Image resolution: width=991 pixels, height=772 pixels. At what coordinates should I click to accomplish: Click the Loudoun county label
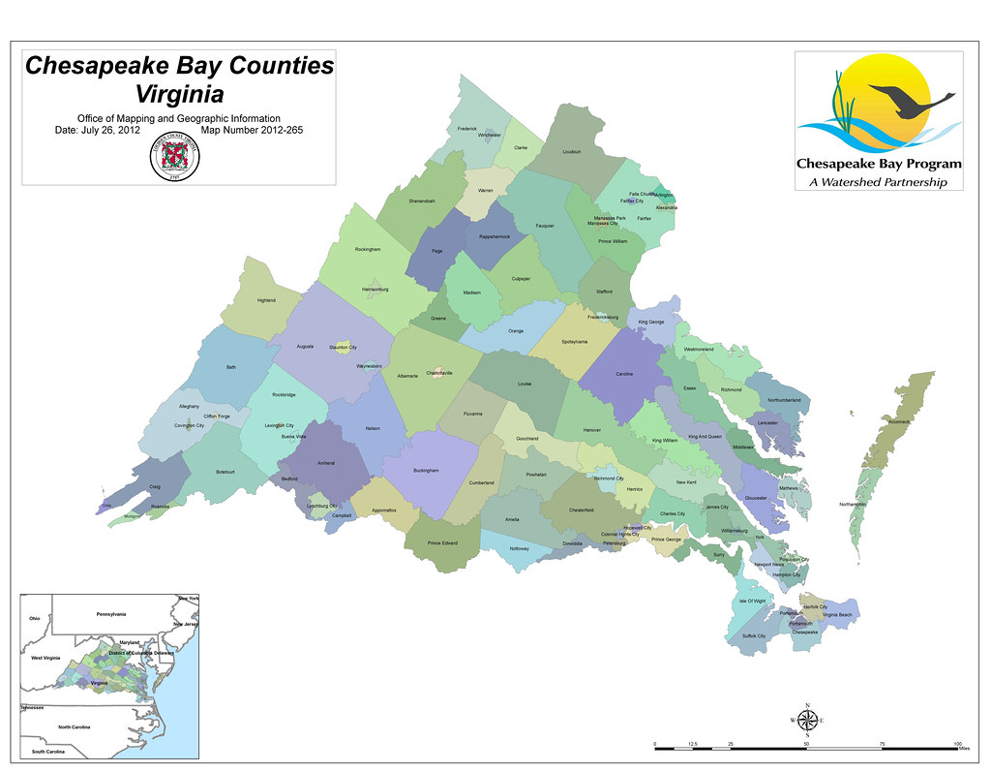(571, 151)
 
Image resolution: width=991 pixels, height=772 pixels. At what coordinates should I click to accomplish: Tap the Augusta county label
(305, 346)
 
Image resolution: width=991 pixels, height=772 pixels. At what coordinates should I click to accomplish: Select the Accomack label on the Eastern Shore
(899, 422)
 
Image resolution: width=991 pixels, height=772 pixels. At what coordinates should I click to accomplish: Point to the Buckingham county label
(426, 471)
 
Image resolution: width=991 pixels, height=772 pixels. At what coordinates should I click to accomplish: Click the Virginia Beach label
(837, 615)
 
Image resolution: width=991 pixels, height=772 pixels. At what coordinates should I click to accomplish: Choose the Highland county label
(266, 300)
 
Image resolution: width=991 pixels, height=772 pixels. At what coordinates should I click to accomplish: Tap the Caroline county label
(624, 374)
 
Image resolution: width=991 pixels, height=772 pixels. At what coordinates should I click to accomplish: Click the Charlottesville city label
(439, 373)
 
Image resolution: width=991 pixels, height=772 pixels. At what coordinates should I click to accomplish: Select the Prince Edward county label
(442, 542)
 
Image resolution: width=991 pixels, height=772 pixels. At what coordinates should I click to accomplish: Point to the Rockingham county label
(368, 249)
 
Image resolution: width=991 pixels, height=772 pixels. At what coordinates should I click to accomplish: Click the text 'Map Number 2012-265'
(253, 129)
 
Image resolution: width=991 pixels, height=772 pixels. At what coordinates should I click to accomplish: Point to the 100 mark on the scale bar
(957, 743)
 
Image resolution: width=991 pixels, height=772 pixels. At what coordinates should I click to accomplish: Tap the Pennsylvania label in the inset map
(112, 614)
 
